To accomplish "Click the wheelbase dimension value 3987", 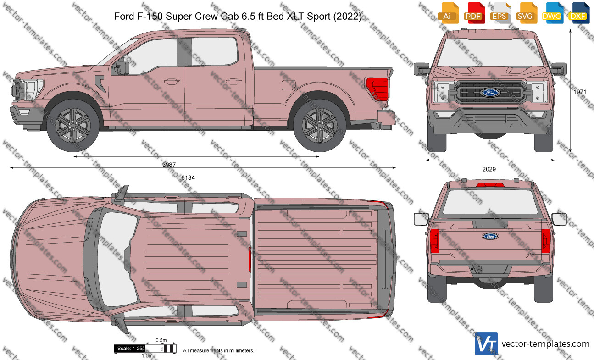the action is point(169,165).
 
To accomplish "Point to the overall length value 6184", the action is point(188,177).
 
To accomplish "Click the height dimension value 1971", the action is point(580,92).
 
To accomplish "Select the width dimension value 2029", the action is point(489,169).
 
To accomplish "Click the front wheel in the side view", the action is point(73,126).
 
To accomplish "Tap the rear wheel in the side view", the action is point(320,126).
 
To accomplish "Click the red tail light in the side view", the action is point(377,89).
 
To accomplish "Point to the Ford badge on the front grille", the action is point(490,93).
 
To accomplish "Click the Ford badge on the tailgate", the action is point(490,236).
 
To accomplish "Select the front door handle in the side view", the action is point(172,81).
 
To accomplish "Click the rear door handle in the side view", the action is point(234,81).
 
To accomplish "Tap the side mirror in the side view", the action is point(121,68).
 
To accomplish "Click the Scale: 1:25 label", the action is point(130,349).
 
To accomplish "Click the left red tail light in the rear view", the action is point(435,241).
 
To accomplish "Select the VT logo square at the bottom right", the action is point(486,344).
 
